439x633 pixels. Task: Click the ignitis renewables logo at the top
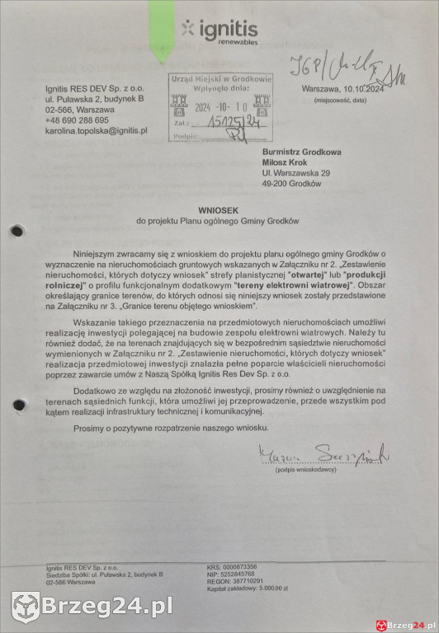tap(219, 32)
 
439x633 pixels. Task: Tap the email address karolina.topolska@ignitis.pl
tap(96, 130)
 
